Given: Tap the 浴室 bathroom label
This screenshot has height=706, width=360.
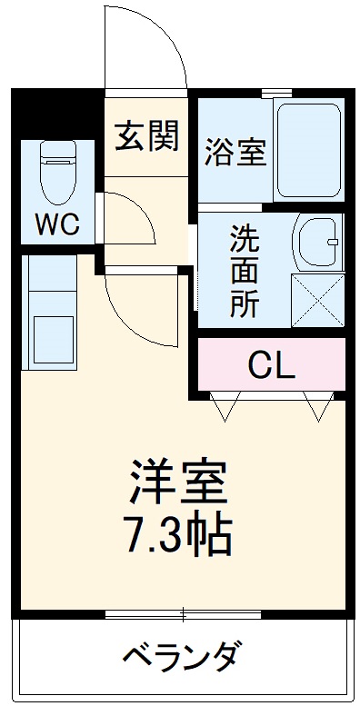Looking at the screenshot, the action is click(235, 152).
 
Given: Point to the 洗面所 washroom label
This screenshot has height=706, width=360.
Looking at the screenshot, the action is click(243, 271).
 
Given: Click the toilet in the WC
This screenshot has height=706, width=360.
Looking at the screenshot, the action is click(59, 173).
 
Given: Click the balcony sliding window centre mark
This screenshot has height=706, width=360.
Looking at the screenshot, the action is click(182, 615).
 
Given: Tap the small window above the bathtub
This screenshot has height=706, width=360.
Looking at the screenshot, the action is click(276, 93).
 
